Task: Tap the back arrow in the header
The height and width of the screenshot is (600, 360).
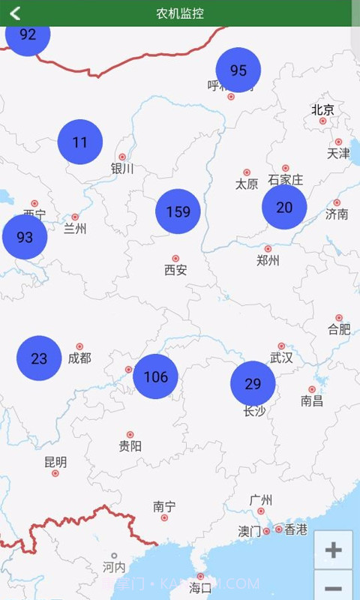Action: click(14, 13)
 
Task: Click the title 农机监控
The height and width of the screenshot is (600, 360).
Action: click(180, 13)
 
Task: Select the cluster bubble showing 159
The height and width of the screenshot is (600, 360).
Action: click(178, 211)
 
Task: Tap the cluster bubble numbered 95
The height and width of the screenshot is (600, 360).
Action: click(238, 70)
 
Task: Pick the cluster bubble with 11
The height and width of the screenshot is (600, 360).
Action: click(80, 142)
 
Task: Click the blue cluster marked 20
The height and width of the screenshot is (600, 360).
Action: click(284, 208)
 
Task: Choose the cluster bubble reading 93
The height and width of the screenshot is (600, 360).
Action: click(25, 237)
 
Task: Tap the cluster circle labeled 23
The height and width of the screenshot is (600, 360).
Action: click(39, 358)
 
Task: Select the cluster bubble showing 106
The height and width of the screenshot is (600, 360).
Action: click(156, 376)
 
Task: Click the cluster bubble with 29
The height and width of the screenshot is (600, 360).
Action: click(253, 384)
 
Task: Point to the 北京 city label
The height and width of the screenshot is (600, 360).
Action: click(323, 109)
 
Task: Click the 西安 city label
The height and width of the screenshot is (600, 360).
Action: click(175, 270)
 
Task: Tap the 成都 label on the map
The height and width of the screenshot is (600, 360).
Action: click(79, 358)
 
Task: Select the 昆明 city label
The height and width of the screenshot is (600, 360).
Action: click(55, 462)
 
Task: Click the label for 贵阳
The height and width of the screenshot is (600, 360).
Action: click(130, 446)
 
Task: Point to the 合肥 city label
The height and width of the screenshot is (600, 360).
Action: click(339, 329)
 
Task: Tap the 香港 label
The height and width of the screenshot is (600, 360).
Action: click(296, 529)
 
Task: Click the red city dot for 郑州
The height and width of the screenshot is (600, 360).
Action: click(268, 248)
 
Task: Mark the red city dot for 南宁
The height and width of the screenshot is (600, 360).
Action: click(164, 517)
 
